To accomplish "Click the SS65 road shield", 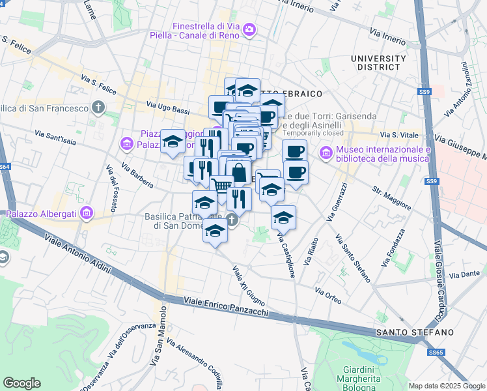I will [x=436, y=353].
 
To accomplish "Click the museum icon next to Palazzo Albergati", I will [x=87, y=213].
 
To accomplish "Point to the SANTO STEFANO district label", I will [x=415, y=332].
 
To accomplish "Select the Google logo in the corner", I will [x=21, y=383].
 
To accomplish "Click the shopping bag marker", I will [x=238, y=173].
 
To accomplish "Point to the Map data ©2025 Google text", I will [x=447, y=386].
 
